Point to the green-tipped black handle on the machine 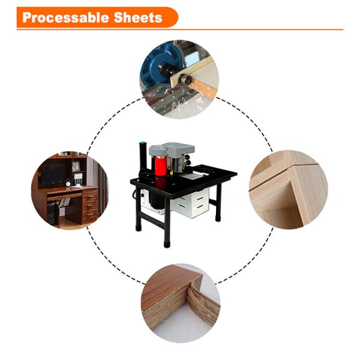pos(142,155)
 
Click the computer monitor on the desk pos(54,176)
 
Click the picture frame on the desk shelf pos(76,166)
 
